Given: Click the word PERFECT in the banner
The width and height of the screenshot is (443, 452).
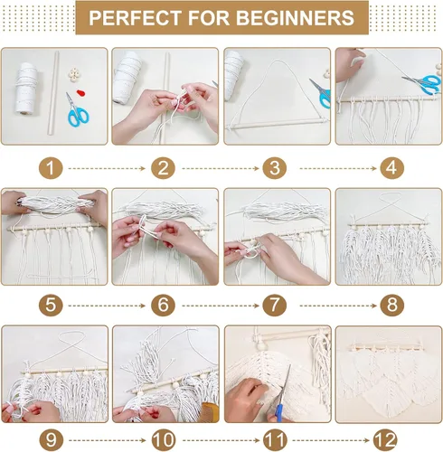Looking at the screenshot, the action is (135, 18).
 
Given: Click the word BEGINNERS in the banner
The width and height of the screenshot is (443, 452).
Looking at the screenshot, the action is (295, 18).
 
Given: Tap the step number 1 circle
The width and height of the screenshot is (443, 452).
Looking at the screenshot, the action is (51, 168).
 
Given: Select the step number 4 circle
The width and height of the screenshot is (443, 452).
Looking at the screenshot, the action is (391, 168).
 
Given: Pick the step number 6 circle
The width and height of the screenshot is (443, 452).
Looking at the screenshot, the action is (163, 305).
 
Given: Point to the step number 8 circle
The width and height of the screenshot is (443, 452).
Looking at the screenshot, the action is (391, 305).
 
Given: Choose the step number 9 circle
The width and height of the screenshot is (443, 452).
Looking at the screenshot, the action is (51, 440).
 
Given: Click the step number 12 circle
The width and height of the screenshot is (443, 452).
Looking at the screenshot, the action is (385, 440).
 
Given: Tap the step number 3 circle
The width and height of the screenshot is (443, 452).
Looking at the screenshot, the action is (274, 168).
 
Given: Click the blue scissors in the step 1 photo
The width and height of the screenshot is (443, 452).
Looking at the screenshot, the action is (78, 111).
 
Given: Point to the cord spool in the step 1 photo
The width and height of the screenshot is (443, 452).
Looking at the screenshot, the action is (26, 88).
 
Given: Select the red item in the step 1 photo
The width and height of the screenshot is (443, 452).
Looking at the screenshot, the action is (80, 92).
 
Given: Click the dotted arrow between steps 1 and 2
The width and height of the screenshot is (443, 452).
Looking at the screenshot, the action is (107, 168).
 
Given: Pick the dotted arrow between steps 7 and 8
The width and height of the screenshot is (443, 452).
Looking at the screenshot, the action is (338, 306).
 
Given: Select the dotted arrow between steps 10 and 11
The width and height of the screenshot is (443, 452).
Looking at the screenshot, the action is (221, 441).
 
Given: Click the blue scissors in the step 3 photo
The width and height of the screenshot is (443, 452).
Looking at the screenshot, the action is (320, 93).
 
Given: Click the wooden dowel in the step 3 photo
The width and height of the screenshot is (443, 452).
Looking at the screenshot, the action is (278, 124).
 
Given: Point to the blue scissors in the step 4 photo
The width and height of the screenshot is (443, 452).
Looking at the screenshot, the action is (422, 83).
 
